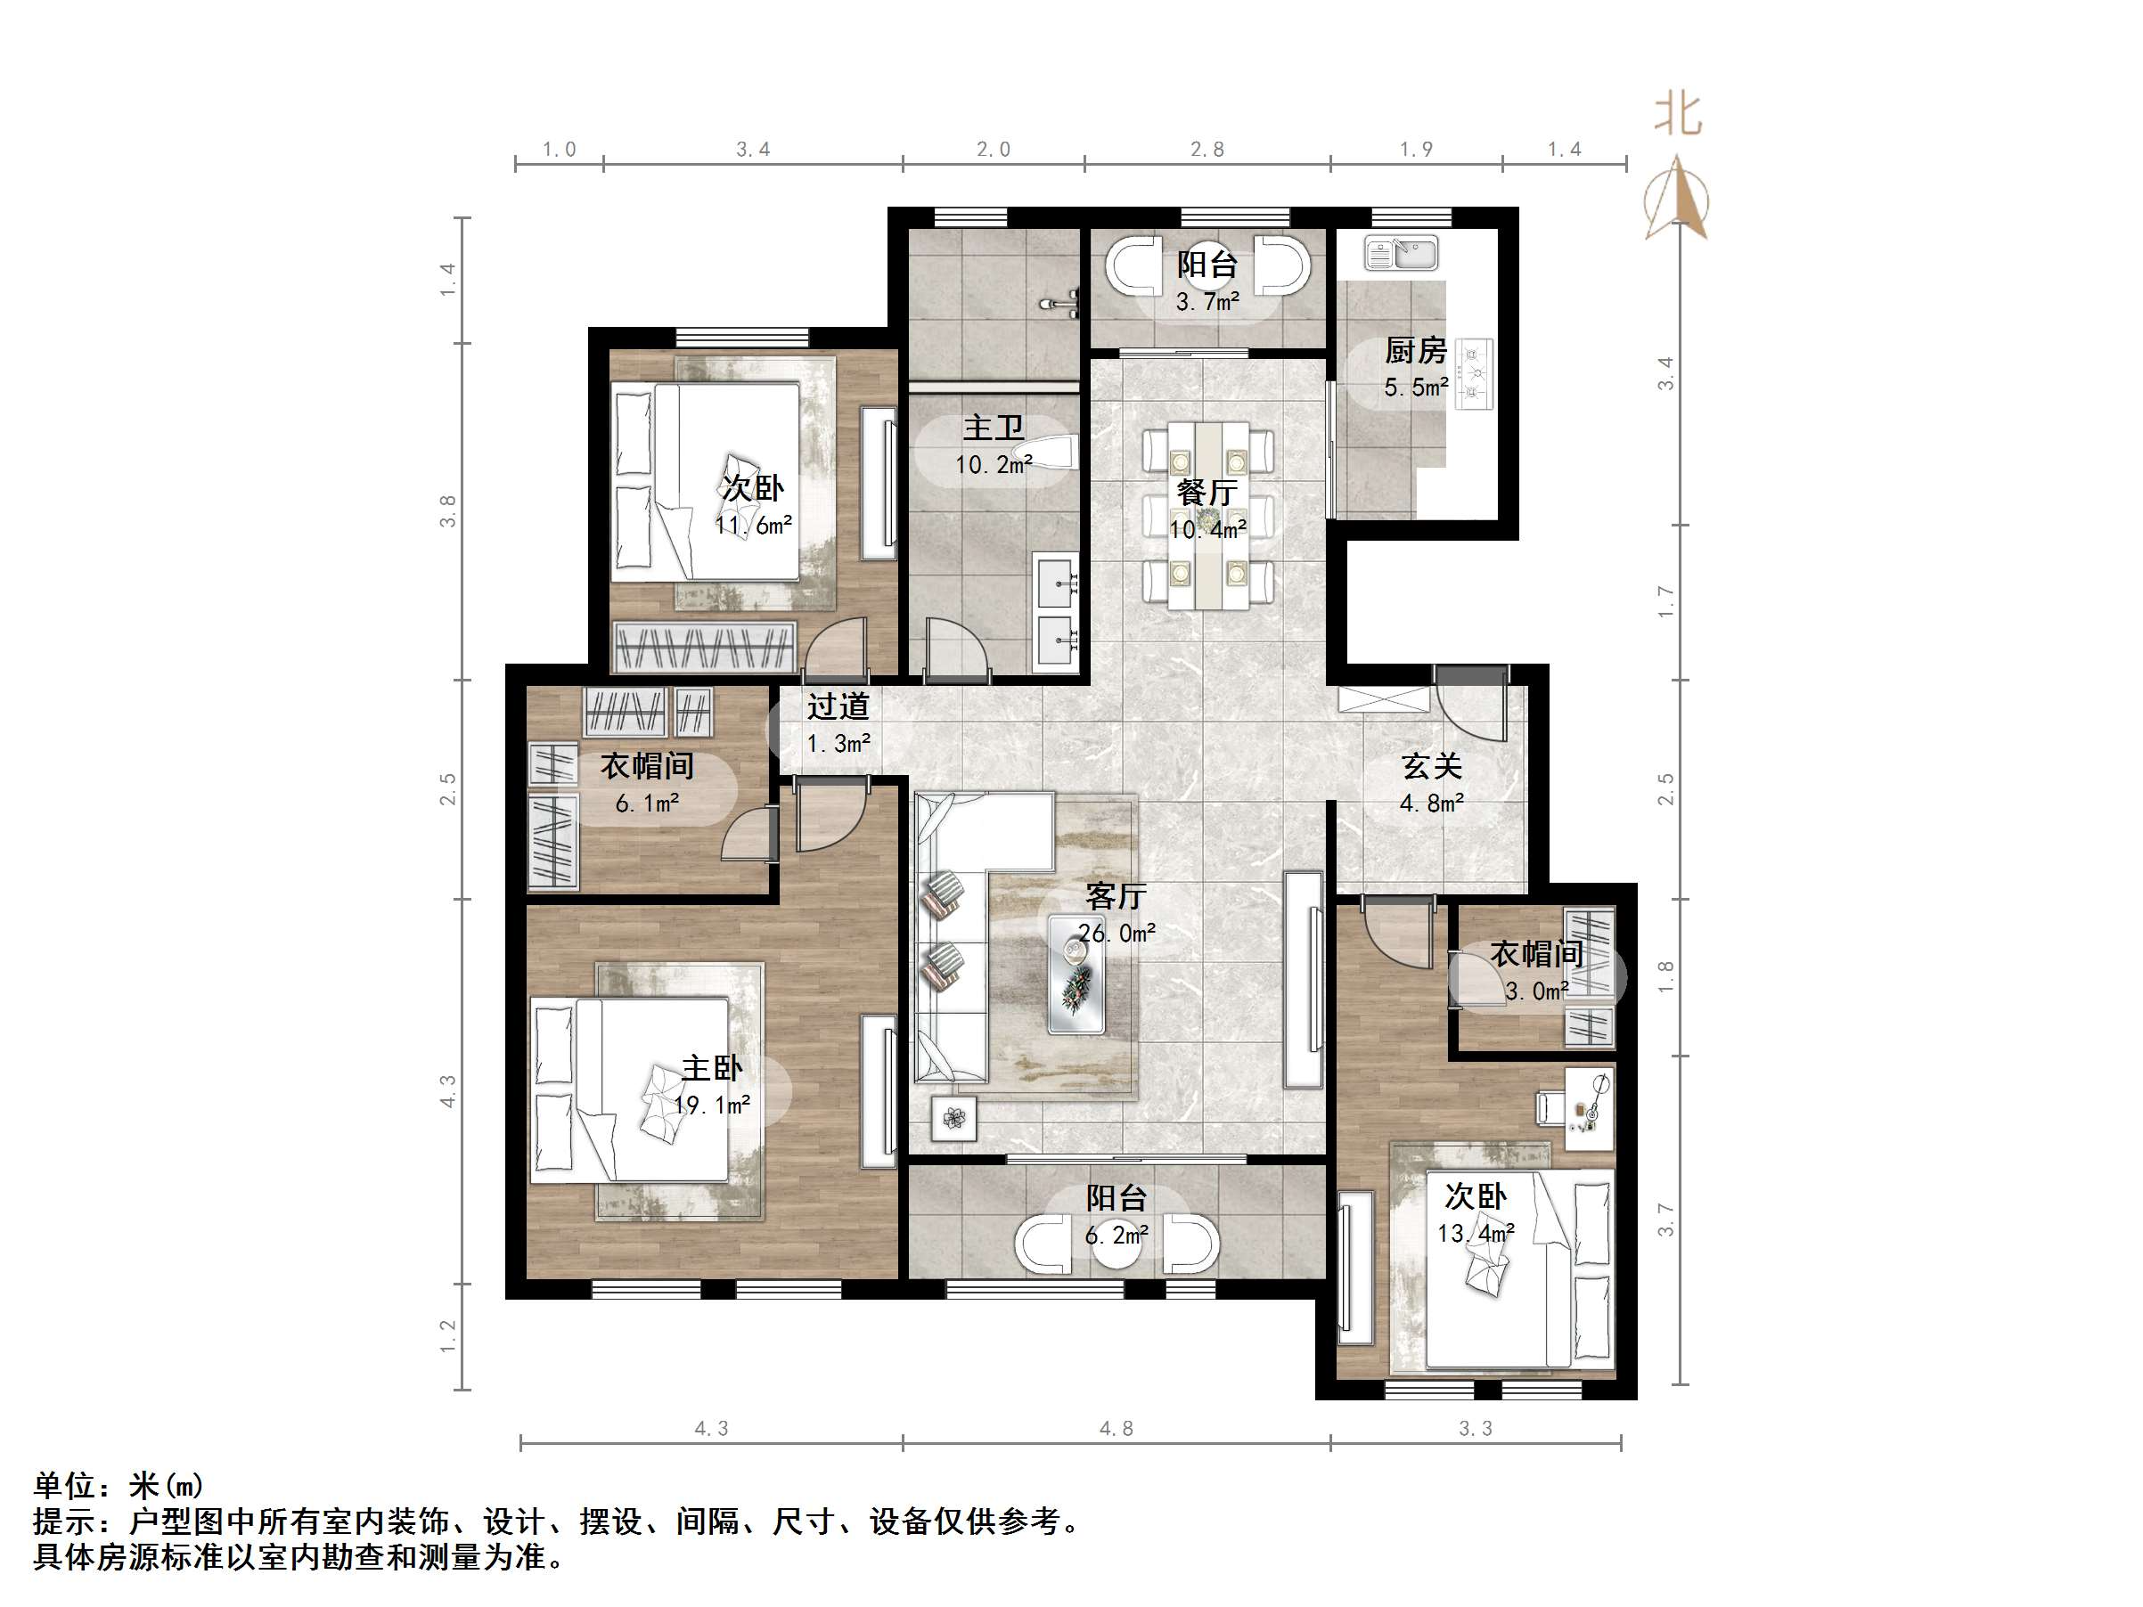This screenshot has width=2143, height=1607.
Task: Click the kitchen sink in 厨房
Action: (1401, 254)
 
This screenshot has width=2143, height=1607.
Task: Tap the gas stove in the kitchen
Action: (1475, 372)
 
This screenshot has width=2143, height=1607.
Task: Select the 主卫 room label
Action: (993, 428)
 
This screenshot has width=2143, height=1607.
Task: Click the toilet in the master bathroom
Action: (1046, 453)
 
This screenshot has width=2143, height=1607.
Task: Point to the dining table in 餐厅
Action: (1207, 515)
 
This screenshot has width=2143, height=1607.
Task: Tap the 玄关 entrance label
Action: (1431, 766)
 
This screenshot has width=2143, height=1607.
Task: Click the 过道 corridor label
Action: (838, 706)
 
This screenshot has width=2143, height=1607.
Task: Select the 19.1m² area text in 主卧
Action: (712, 1105)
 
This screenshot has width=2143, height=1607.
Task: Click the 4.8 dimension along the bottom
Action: (1115, 1428)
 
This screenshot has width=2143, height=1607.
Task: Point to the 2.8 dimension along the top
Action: (1207, 149)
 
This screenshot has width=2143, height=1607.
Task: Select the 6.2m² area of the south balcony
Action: (1116, 1235)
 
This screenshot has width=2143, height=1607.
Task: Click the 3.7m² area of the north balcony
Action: (1207, 302)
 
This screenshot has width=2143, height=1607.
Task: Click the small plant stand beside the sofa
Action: (954, 1118)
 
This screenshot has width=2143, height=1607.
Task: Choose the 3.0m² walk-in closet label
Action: (1536, 991)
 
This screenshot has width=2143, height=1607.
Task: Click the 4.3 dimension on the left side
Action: (447, 1090)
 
